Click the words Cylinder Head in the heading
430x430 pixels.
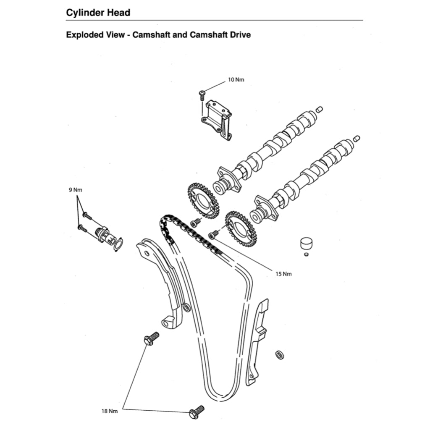pyautogui.click(x=98, y=13)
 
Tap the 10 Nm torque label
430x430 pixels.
pyautogui.click(x=236, y=80)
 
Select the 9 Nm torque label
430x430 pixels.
pyautogui.click(x=76, y=190)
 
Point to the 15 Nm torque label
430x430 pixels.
pyautogui.click(x=283, y=274)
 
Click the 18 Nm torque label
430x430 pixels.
pyautogui.click(x=110, y=411)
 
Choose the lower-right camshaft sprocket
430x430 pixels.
pyautogui.click(x=241, y=228)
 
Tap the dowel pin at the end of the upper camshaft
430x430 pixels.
pyautogui.click(x=319, y=110)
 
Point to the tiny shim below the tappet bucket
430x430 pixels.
pyautogui.click(x=306, y=254)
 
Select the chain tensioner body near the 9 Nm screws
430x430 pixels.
pyautogui.click(x=103, y=233)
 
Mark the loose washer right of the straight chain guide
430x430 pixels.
pyautogui.click(x=279, y=355)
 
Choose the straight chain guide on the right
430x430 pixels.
pyautogui.click(x=257, y=344)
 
